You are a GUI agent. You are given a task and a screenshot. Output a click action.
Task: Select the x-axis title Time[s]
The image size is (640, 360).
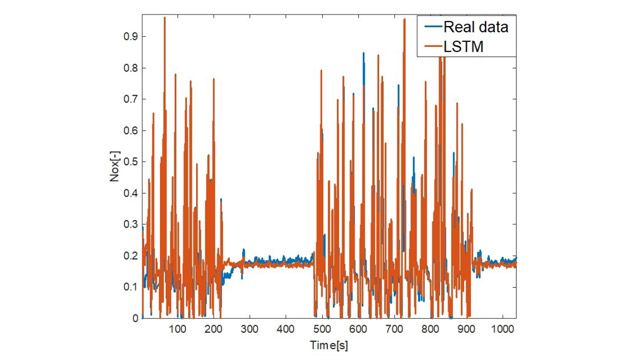tap(330, 344)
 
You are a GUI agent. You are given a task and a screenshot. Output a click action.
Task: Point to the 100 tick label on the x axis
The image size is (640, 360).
tap(178, 330)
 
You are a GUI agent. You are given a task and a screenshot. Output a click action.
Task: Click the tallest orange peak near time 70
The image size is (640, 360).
tap(165, 18)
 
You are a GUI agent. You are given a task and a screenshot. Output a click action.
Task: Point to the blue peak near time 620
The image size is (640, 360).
tap(364, 53)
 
